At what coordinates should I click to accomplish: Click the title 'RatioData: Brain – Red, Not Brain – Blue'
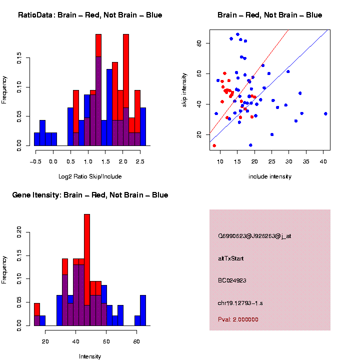(90, 15)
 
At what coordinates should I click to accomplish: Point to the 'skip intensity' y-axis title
(184, 89)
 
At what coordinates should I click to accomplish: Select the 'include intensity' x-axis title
(270, 176)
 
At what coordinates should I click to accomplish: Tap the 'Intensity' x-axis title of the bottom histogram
(90, 356)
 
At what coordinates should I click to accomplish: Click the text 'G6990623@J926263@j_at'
(254, 236)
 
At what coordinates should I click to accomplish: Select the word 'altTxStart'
(231, 258)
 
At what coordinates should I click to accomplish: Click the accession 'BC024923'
(232, 280)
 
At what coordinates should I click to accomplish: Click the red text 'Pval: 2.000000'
(238, 319)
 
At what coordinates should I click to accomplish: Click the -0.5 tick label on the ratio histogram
(35, 161)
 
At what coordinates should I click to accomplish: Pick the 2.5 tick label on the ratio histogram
(140, 161)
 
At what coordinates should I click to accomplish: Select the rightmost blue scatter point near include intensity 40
(325, 113)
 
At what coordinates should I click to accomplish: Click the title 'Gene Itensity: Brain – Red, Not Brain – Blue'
(90, 195)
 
